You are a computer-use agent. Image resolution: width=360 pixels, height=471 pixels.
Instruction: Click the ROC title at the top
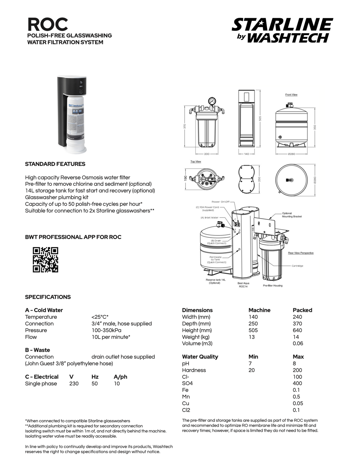point(47,24)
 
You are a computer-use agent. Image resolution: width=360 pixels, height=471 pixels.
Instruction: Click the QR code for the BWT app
point(45,260)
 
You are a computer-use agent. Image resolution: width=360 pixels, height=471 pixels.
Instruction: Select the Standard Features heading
point(55,164)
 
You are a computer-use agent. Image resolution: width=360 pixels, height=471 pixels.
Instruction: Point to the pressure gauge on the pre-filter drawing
point(211,101)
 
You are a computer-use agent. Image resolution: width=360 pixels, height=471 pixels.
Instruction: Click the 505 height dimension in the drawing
point(260,118)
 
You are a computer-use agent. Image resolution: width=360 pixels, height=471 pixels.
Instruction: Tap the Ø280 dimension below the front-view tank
point(291,154)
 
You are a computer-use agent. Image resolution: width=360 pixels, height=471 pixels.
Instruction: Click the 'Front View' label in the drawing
point(291,95)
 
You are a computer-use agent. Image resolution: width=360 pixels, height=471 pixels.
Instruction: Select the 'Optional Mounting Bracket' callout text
point(292,215)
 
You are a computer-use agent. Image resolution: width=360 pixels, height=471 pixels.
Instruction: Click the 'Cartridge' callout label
point(297,266)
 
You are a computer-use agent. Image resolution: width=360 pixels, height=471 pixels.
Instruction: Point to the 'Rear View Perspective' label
point(301,253)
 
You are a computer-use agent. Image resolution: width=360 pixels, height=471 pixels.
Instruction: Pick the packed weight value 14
point(296,337)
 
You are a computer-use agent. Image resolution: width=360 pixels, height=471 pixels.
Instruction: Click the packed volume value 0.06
point(298,343)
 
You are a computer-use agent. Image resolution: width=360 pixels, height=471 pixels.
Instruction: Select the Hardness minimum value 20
point(251,370)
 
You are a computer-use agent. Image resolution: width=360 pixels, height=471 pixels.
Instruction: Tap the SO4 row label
point(187,383)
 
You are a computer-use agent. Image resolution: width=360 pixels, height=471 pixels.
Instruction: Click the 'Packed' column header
point(302,310)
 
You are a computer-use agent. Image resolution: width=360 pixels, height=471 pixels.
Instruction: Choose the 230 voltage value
point(74,383)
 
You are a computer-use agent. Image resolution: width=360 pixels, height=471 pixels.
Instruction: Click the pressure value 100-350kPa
point(106,330)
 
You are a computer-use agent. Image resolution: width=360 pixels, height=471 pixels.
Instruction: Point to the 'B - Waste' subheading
point(37,350)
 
